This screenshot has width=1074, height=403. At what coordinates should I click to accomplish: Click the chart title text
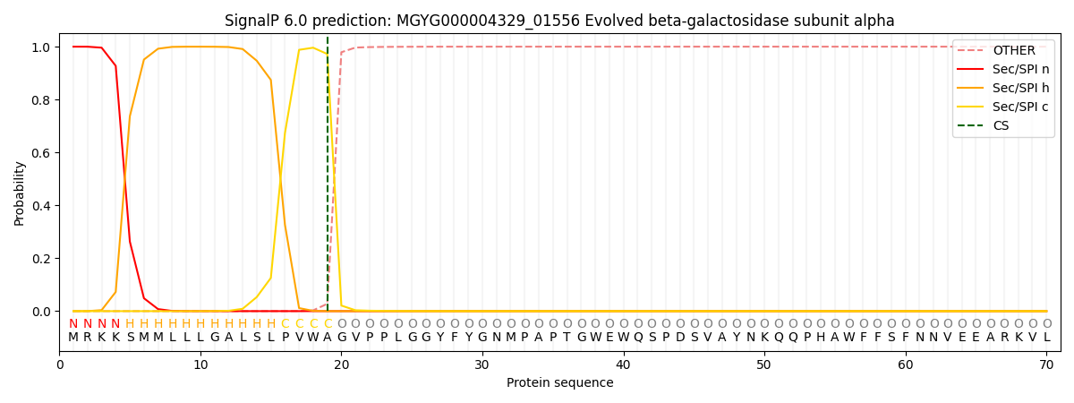click(x=559, y=21)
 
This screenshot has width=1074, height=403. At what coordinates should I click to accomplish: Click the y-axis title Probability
click(x=19, y=193)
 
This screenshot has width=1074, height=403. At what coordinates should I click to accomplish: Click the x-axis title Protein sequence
click(x=559, y=383)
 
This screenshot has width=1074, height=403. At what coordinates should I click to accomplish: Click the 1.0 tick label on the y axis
click(x=42, y=47)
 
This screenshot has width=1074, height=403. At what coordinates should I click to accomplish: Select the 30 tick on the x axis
click(x=482, y=364)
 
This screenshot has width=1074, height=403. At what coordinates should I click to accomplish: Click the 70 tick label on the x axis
click(x=1046, y=364)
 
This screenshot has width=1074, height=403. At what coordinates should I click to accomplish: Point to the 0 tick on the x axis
click(x=60, y=364)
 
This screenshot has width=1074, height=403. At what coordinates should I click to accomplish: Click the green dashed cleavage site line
click(x=328, y=179)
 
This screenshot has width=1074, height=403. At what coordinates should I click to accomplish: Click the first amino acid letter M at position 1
click(x=73, y=338)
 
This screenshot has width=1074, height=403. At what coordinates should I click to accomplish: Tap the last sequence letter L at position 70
click(x=1046, y=338)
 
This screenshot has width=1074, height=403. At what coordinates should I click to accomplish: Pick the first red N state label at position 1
click(x=73, y=324)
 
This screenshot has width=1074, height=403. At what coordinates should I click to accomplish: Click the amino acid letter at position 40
click(x=624, y=338)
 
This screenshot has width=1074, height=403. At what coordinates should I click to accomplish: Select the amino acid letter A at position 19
click(x=328, y=338)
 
